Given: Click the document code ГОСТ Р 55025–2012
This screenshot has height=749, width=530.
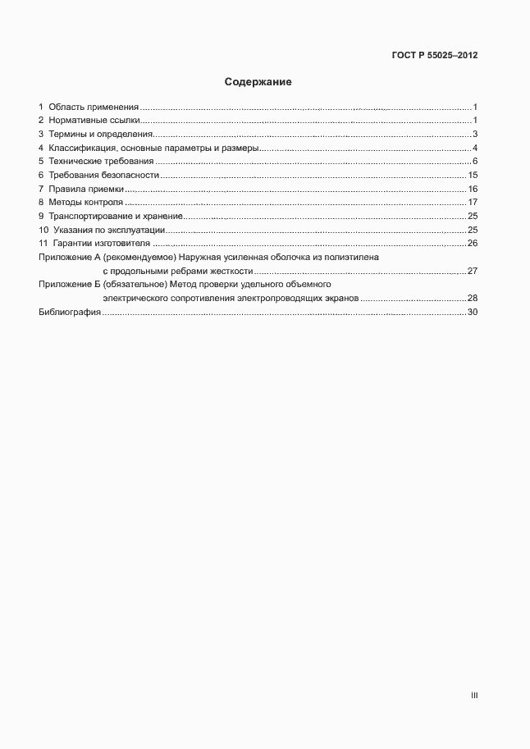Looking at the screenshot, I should (434, 56).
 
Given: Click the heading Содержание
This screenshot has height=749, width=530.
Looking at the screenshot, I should (258, 82).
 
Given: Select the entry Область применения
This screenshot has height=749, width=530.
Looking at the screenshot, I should (94, 107).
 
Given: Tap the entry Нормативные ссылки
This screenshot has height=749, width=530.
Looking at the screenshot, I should (94, 121).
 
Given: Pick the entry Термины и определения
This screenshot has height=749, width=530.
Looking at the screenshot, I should (100, 135).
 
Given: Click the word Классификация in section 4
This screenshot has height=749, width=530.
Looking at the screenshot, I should (81, 148).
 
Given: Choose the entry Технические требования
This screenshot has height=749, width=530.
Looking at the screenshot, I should (100, 162).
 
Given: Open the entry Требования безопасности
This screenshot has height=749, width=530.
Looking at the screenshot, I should (103, 176).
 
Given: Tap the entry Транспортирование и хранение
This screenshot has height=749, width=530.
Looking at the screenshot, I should (115, 216).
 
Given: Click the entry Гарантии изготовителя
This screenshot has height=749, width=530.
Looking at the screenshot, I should (103, 244).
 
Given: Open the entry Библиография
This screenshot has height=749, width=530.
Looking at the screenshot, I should (70, 313).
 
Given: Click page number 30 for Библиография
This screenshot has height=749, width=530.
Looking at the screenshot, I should (472, 313).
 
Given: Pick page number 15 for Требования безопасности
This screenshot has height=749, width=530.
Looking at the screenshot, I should (473, 176).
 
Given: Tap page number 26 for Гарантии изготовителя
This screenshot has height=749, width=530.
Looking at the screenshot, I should (472, 244).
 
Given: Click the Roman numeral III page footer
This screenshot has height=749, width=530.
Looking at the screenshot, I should (474, 696).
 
